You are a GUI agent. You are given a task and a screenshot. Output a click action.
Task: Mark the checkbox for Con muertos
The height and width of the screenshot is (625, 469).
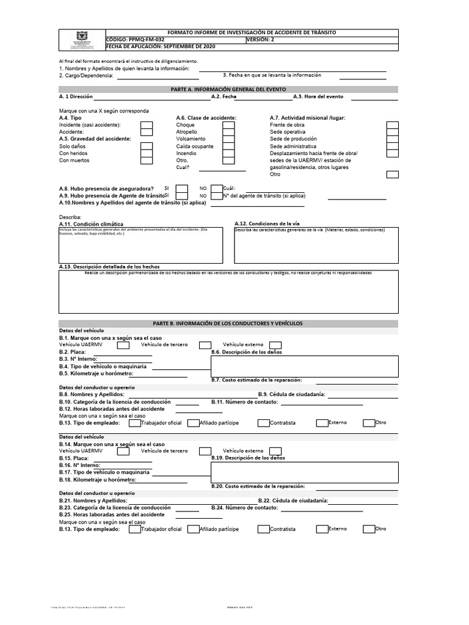point(147,160)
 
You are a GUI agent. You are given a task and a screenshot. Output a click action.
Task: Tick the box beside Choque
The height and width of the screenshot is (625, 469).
point(228,125)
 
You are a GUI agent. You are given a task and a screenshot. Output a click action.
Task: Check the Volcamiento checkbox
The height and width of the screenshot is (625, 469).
point(228,139)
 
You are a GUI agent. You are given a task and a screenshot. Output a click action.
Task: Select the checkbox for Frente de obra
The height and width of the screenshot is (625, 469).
point(393,125)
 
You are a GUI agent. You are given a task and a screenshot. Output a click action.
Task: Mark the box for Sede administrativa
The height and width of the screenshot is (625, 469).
point(393,146)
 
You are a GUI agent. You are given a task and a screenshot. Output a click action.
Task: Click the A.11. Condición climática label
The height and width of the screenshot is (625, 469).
point(91,224)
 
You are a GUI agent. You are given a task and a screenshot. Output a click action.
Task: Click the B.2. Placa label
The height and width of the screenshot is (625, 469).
point(73,352)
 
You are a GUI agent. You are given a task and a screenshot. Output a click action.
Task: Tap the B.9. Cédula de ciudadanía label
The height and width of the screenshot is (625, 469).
point(291,395)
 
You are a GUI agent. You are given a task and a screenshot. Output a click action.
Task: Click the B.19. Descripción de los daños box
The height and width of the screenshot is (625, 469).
point(304,472)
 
